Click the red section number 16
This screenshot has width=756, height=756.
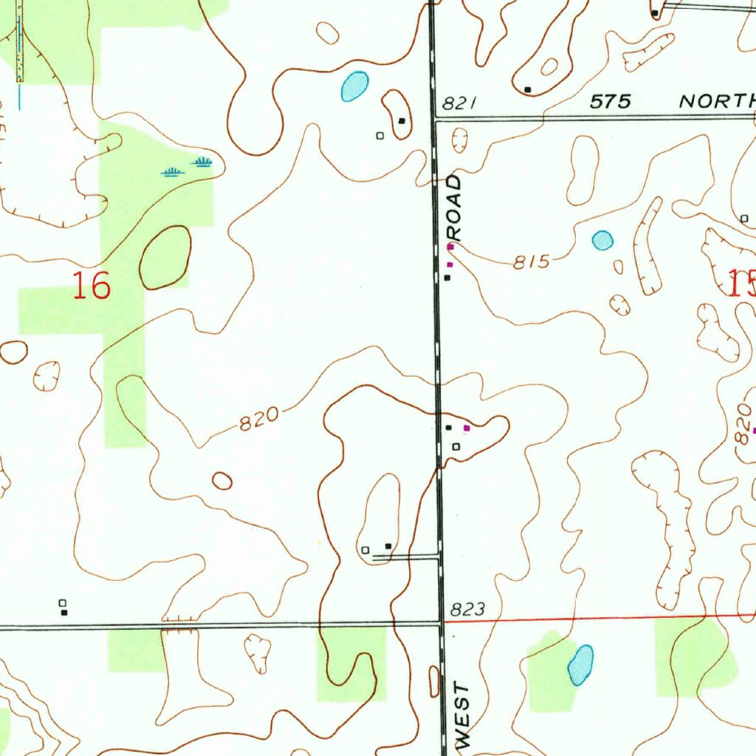coord(92,285)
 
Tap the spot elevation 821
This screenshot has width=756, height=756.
coord(458,103)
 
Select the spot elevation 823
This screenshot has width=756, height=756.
coord(467,609)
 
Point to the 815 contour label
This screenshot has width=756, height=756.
coord(532,261)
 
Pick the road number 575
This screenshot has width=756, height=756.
coord(611,102)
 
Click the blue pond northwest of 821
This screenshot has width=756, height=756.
coord(354,86)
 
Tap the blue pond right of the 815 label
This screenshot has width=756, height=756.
coord(602,240)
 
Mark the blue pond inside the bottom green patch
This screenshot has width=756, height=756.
coord(580,664)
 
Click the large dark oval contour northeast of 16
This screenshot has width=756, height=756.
coord(165,257)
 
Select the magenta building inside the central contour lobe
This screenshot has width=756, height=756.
coord(466,427)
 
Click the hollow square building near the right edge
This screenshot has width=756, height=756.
coord(744,219)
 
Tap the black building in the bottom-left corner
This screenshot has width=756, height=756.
coord(64,612)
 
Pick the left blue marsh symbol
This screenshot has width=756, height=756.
coord(172,172)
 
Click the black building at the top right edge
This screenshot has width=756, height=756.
coord(655,13)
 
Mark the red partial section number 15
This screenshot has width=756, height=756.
coord(741,283)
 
